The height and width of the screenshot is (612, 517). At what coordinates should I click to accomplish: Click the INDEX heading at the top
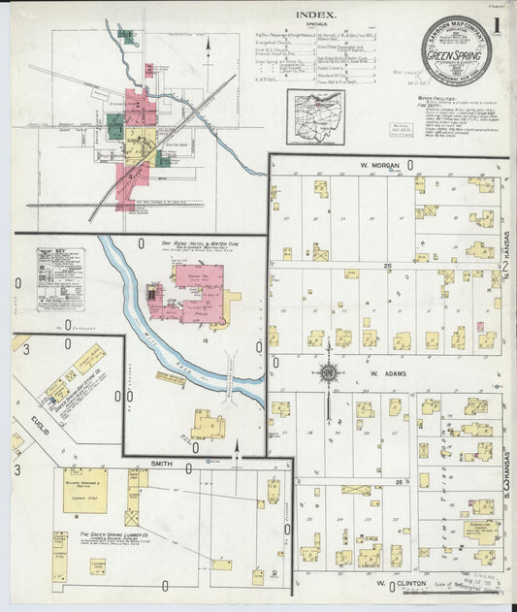click(x=316, y=15)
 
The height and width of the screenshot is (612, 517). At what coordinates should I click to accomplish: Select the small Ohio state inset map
click(x=315, y=116)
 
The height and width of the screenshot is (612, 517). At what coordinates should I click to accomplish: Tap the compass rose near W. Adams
click(x=328, y=373)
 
